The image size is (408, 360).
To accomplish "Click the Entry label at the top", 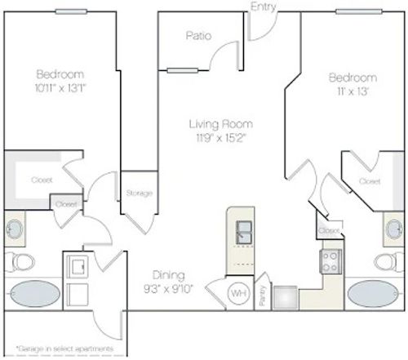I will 264,7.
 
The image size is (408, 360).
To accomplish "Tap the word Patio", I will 198,35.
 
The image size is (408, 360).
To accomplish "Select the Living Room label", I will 220,124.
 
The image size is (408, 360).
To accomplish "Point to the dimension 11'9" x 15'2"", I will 220,138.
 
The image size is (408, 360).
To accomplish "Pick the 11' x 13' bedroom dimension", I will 350,91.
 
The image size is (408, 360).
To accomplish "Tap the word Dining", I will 168,275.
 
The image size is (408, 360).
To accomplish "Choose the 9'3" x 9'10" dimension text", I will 169,288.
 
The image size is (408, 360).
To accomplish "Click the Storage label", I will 139,193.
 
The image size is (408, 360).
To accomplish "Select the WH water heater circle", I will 238,293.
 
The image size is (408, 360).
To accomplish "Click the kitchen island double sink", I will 243,232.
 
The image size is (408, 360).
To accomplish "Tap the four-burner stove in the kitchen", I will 331,261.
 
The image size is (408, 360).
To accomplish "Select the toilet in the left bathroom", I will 23,261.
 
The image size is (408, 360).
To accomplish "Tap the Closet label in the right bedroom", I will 370,180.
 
